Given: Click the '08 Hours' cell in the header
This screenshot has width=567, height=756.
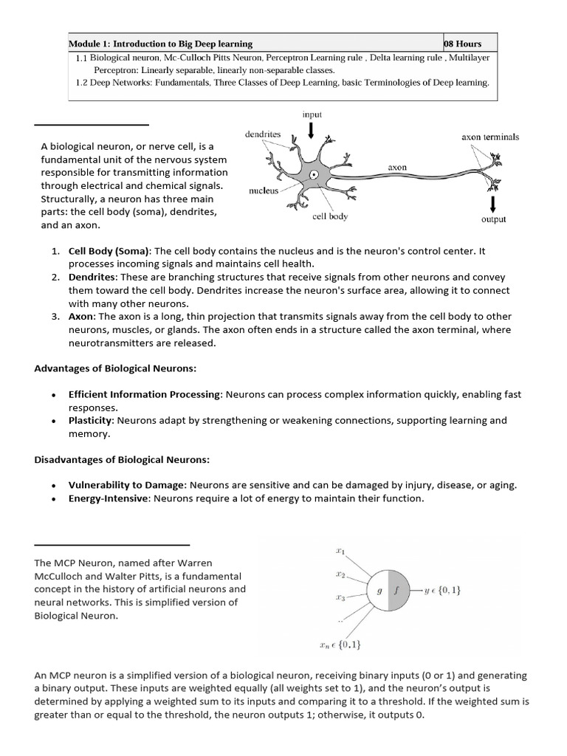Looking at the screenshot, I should [463, 44].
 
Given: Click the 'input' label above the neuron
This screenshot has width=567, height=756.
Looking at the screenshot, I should [312, 114].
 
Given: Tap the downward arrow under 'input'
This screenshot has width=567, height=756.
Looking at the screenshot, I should [312, 131].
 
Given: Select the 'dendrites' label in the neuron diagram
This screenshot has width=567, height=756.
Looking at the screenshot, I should [262, 134].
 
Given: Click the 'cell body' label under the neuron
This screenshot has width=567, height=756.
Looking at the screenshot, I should [330, 216].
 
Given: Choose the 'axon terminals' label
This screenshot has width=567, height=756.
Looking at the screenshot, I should [490, 137].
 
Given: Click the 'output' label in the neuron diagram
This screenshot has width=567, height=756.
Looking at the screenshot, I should [493, 219].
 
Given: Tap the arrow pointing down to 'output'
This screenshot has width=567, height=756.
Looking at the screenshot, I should [492, 202].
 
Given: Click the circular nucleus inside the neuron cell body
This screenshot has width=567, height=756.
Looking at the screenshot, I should [315, 176].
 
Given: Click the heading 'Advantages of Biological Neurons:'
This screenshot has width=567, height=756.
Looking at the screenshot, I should [115, 368].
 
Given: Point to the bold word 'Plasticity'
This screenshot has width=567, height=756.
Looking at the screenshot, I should [91, 421].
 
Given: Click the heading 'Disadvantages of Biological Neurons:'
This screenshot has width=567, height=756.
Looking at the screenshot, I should [123, 460].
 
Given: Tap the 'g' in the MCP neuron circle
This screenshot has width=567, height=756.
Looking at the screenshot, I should [377, 591].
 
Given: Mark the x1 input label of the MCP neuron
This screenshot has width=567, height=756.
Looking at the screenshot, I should [341, 551].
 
